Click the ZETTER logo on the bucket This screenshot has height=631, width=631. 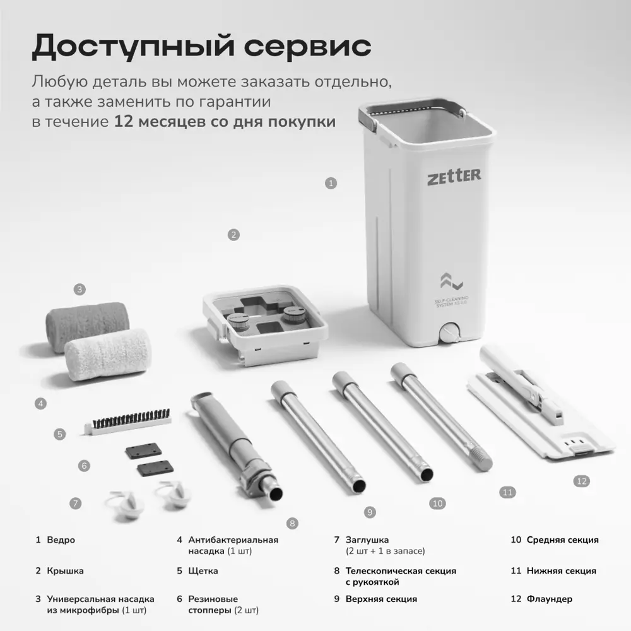[454, 177]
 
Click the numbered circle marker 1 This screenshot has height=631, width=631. [331, 184]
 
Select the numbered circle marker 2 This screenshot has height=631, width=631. [233, 235]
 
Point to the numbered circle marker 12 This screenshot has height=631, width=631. [582, 481]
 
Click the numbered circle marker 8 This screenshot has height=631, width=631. [292, 524]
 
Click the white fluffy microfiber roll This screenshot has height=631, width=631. [108, 355]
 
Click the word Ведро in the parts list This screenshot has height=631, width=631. [61, 540]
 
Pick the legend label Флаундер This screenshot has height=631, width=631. [550, 599]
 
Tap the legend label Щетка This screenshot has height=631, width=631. [203, 571]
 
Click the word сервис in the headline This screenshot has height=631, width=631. [307, 46]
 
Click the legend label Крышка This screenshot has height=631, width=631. [65, 571]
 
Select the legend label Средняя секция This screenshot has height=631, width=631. [563, 540]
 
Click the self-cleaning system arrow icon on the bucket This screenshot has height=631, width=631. [451, 281]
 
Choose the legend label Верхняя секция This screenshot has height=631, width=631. [381, 599]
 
